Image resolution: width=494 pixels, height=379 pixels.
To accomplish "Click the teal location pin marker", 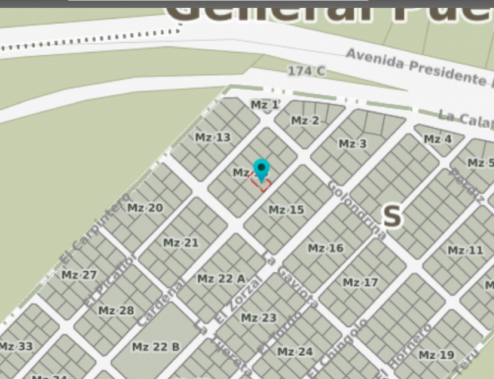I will pyautogui.click(x=261, y=169).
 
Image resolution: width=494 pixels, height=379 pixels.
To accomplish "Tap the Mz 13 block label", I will pyautogui.click(x=213, y=138).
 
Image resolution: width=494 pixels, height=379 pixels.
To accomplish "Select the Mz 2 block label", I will pyautogui.click(x=305, y=120).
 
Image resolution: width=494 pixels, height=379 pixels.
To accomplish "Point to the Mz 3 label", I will pyautogui.click(x=353, y=144).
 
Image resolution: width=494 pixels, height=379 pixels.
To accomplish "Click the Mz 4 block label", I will pyautogui.click(x=438, y=139).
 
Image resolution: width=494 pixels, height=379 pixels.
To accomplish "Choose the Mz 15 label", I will pyautogui.click(x=286, y=209).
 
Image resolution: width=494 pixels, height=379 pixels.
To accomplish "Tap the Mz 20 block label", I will pyautogui.click(x=145, y=208).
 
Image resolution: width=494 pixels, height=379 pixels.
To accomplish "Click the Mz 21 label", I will pyautogui.click(x=181, y=243).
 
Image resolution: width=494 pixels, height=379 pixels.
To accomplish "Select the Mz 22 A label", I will pyautogui.click(x=221, y=278).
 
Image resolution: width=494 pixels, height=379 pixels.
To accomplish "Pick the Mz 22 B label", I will pyautogui.click(x=155, y=347).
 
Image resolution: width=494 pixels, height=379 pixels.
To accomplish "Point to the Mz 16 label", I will pyautogui.click(x=326, y=248).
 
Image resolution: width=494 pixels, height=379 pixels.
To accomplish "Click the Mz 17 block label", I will pyautogui.click(x=360, y=282).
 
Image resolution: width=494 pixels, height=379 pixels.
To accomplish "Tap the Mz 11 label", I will pyautogui.click(x=465, y=251).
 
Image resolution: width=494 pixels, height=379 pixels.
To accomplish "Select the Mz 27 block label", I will pyautogui.click(x=79, y=275).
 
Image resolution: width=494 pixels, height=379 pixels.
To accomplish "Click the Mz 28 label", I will pyautogui.click(x=116, y=310).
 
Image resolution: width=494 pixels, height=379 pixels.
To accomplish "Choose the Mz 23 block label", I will pyautogui.click(x=258, y=318).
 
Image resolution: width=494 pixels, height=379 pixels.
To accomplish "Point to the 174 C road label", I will pyautogui.click(x=306, y=71).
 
